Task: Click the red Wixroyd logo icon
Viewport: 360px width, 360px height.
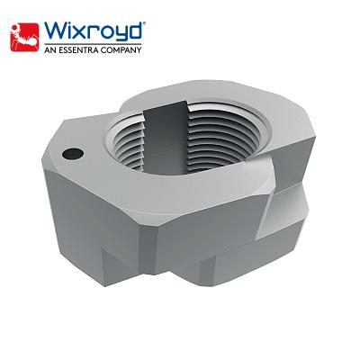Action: (x=22, y=35)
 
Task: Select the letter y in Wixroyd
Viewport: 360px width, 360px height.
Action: (x=117, y=32)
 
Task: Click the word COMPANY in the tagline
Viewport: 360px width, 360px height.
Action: (x=123, y=49)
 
